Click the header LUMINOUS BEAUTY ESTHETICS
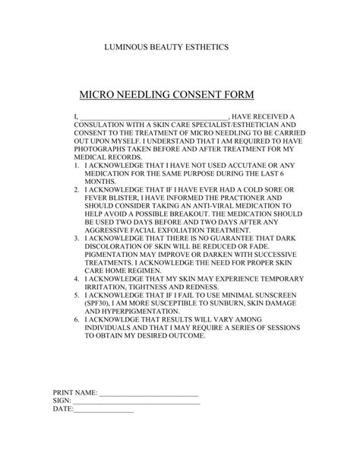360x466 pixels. tap(166, 47)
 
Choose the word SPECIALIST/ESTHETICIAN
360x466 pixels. tap(215, 125)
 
